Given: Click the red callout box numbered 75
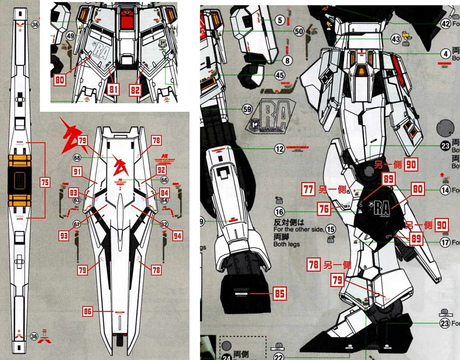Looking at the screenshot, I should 45,182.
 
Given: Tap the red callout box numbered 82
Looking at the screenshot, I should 135,89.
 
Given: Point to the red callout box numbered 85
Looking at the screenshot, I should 279,294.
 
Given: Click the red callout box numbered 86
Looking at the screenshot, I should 88,312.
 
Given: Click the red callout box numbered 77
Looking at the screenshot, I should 307,190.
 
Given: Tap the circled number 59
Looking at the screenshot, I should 247,110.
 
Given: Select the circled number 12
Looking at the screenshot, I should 279,149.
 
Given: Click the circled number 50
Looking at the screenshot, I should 299,31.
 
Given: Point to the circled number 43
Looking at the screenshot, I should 396,39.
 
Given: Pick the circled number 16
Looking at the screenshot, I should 279,212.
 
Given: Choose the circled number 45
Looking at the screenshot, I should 280,76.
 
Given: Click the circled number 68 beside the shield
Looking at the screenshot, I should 77,158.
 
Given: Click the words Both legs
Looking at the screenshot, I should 286,244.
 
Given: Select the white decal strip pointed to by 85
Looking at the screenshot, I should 242,294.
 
